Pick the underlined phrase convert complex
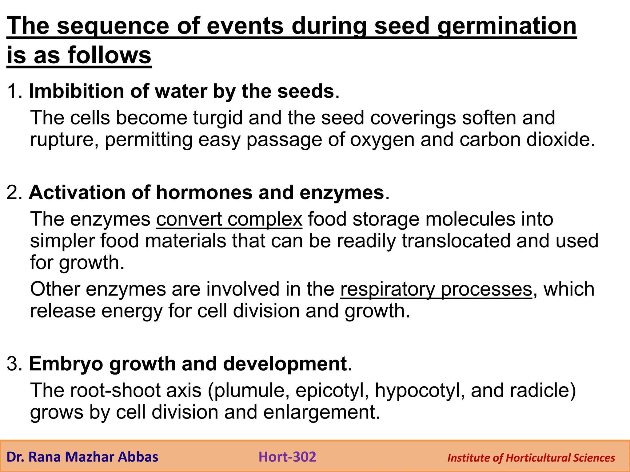tap(229, 219)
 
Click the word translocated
tap(456, 241)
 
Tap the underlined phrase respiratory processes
tap(436, 289)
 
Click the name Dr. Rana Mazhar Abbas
tap(82, 457)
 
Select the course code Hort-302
tap(287, 457)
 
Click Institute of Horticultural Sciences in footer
tap(531, 458)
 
